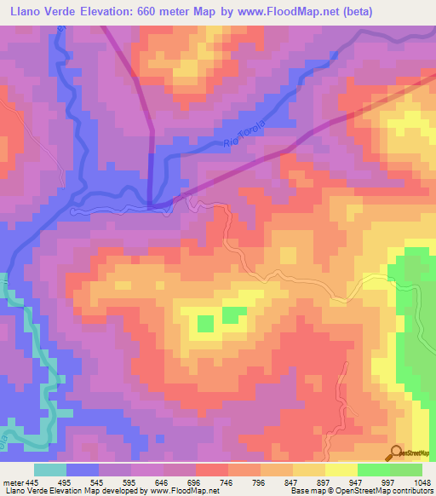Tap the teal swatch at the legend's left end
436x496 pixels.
click(50, 470)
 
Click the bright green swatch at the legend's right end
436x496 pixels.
click(406, 470)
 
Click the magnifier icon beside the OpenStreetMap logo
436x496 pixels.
click(395, 452)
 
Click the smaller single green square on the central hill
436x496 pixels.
click(205, 323)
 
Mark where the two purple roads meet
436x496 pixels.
click(152, 203)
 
